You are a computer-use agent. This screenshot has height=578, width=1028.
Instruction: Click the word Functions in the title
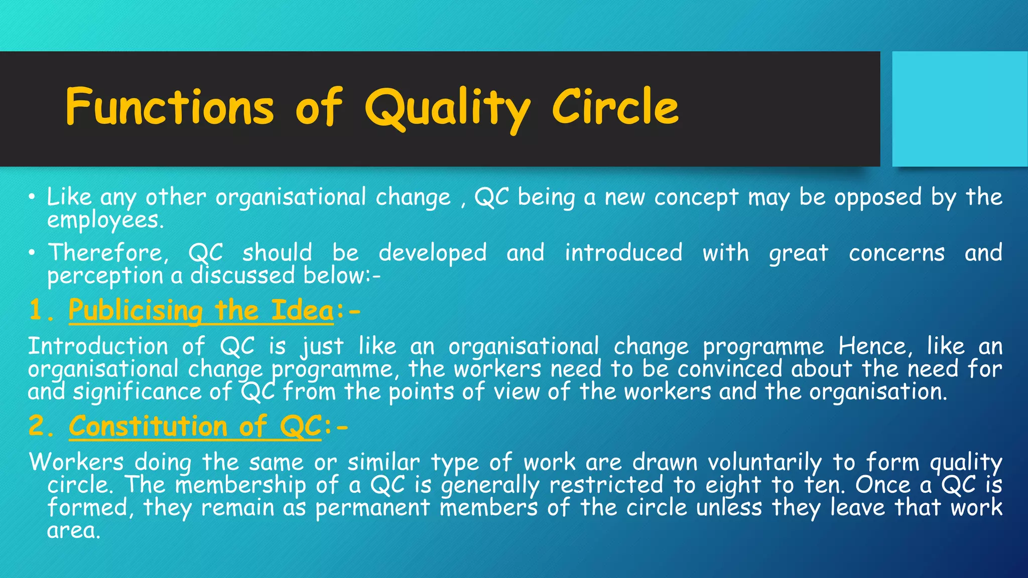point(170,106)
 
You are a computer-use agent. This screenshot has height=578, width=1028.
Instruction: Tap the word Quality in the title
point(447,107)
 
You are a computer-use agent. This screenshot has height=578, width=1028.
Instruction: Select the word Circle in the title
point(615,106)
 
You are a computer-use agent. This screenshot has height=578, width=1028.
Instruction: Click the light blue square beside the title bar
point(959,109)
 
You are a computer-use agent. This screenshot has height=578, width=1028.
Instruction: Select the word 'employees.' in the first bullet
point(105,220)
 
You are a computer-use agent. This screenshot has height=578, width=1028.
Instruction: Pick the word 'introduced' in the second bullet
point(623,252)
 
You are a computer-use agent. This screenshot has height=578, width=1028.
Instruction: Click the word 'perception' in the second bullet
point(105,275)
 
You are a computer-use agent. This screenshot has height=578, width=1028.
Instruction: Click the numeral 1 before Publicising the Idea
point(36,310)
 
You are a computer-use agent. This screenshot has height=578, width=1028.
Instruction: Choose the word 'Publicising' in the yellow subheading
point(136,310)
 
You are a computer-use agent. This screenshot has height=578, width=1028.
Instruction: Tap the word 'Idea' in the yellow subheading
point(302,310)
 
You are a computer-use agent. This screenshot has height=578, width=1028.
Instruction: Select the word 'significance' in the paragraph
point(137,392)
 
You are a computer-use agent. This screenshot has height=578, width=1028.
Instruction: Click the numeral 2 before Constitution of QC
point(37,426)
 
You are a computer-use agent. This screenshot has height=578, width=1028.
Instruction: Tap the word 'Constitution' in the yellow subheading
point(148,426)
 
